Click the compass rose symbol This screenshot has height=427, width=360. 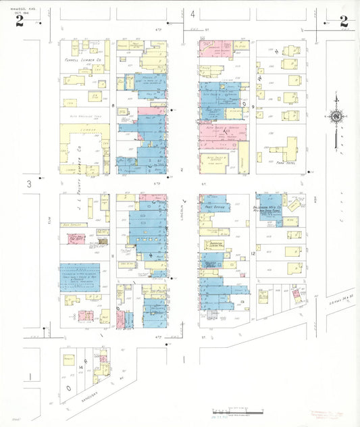pyautogui.click(x=336, y=116)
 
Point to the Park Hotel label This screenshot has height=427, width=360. pyautogui.click(x=287, y=163)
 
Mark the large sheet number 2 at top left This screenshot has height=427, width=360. pyautogui.click(x=20, y=22)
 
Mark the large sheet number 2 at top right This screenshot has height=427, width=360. pyautogui.click(x=344, y=22)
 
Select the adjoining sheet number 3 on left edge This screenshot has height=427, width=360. pyautogui.click(x=29, y=184)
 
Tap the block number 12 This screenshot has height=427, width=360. pyautogui.click(x=252, y=253)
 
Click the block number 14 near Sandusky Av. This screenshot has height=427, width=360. pyautogui.click(x=80, y=367)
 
